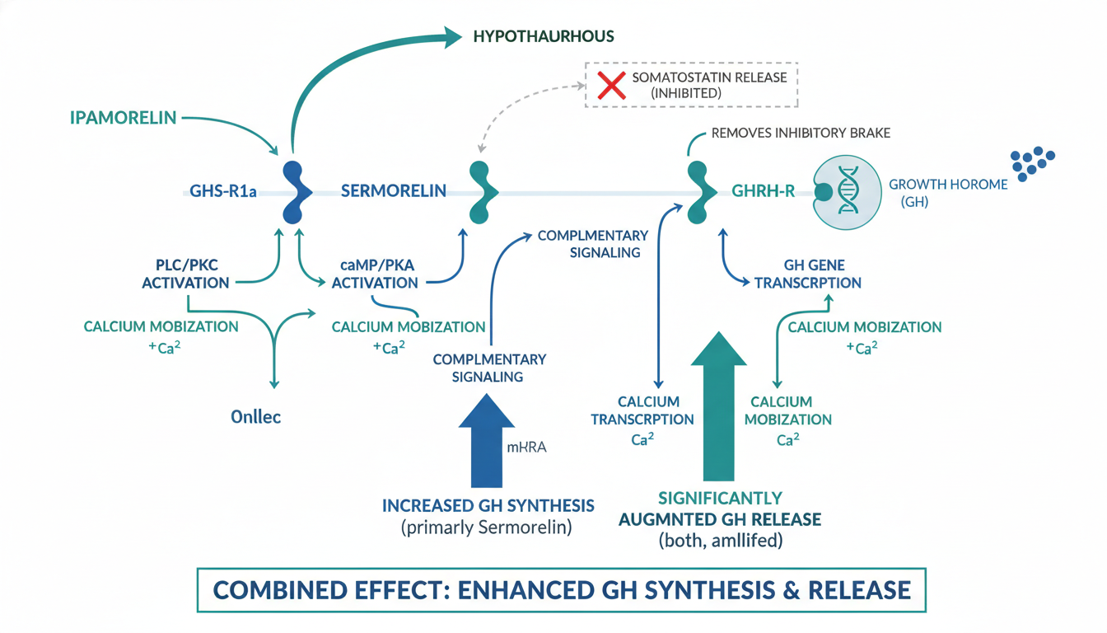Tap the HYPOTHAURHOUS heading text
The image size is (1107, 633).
[x=544, y=36]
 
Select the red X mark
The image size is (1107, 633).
[x=612, y=85]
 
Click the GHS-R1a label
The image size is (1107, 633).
[x=223, y=192]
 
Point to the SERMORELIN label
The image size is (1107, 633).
[x=394, y=191]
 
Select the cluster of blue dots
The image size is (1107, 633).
[x=1033, y=163]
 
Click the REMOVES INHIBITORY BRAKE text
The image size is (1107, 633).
[x=800, y=133]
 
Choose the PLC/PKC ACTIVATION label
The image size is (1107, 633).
[x=185, y=274]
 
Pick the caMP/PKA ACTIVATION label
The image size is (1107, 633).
[x=375, y=274]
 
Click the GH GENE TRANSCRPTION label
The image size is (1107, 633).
[x=808, y=274]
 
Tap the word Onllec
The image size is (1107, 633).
[x=255, y=416]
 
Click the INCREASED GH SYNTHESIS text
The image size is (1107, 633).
[x=488, y=505]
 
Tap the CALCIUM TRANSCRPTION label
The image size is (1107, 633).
[x=642, y=410]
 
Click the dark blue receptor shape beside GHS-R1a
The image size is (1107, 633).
[x=295, y=192]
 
